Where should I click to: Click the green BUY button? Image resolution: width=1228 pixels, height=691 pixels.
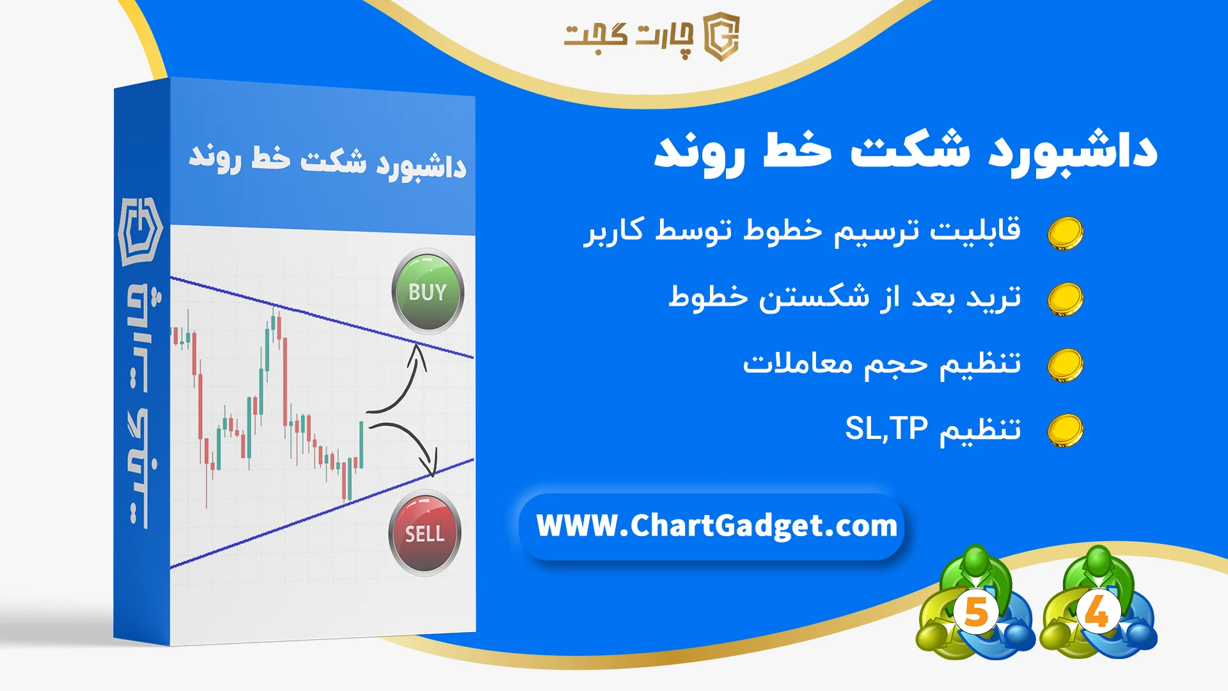click(x=427, y=292)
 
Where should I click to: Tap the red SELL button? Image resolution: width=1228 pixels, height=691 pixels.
click(x=425, y=533)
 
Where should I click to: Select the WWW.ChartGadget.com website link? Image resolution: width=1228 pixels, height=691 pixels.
click(x=716, y=526)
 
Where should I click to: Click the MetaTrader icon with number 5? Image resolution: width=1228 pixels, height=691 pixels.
click(x=975, y=603)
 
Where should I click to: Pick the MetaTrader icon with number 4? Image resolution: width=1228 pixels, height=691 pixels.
click(x=1098, y=603)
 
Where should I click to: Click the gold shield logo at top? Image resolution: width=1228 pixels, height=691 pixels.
click(x=721, y=36)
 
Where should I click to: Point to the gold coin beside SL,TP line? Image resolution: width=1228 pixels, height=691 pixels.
click(x=1065, y=431)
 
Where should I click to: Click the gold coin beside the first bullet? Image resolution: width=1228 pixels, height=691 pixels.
click(x=1065, y=233)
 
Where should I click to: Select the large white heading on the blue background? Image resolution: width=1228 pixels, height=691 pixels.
click(x=905, y=152)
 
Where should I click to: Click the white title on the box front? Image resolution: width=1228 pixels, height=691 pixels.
click(x=327, y=161)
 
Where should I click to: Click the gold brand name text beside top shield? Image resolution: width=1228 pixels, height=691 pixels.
click(x=628, y=36)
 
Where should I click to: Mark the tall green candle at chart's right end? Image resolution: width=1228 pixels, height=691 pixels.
click(x=361, y=445)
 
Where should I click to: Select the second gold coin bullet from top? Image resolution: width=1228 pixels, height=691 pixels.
click(x=1065, y=299)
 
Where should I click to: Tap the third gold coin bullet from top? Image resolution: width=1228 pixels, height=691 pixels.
click(x=1065, y=365)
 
